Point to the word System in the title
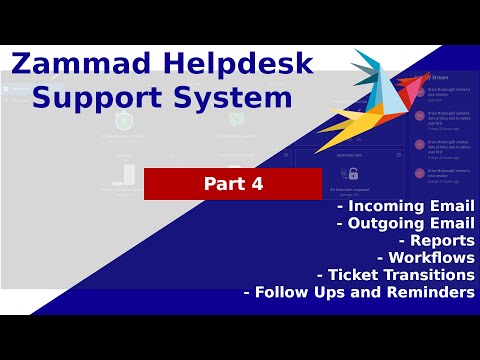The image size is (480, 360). click(x=243, y=100)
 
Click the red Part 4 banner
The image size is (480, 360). click(x=219, y=184)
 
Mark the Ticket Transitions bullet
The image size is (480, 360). click(x=395, y=274)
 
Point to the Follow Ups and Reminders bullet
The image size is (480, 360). click(x=359, y=292)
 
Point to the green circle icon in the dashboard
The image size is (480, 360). click(x=124, y=121)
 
